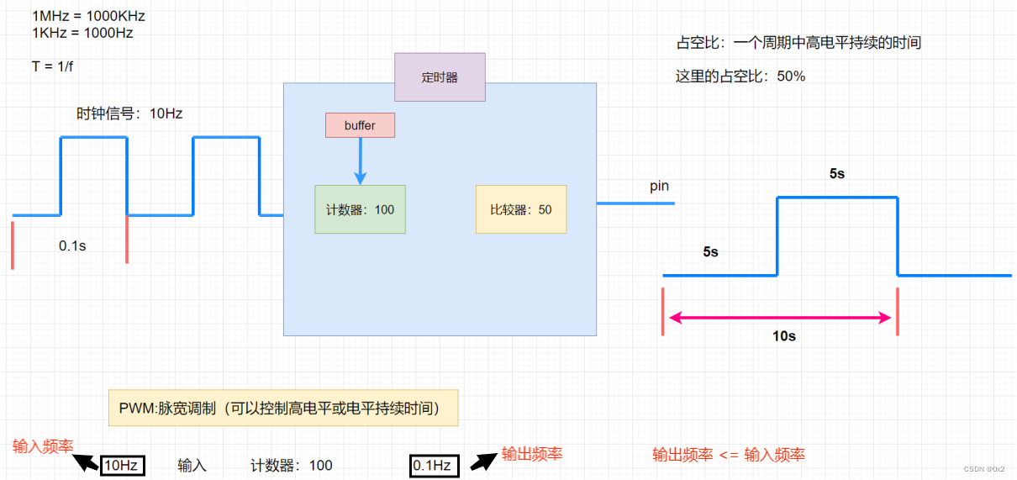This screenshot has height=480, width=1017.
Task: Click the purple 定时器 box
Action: pos(440,77)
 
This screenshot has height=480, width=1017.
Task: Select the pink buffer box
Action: pos(360,125)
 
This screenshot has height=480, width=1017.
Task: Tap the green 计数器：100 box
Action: pos(360,209)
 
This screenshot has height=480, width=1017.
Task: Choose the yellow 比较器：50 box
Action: pos(521,209)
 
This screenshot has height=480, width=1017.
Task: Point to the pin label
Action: pos(659,186)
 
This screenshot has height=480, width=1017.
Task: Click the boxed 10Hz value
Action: pos(122,465)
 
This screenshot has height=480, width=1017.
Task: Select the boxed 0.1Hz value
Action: pos(434,465)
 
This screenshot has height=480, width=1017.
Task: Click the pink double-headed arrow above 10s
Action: pos(780,318)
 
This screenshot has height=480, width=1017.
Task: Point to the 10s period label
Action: pos(784,336)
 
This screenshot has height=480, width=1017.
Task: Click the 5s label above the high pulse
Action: pos(836,174)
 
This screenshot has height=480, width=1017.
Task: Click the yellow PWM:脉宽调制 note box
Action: pos(283,408)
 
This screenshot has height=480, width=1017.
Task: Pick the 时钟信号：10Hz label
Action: pos(129,113)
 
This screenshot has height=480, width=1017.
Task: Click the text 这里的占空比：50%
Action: pos(740,76)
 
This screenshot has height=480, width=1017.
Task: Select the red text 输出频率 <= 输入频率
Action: pos(728,455)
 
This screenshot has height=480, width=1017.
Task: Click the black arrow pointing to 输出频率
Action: pos(482,461)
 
